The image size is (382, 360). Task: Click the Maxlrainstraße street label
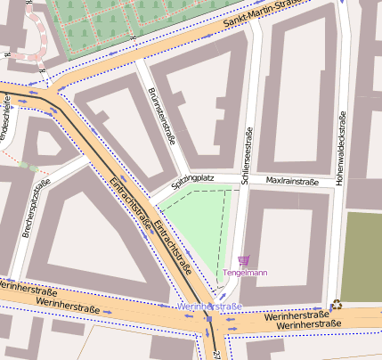point(292,181)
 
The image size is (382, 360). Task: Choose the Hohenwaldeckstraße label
point(339,148)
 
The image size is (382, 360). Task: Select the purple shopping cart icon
point(244,259)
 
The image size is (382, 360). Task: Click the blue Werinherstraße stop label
point(209,307)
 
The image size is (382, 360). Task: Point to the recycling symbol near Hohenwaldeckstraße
point(336,304)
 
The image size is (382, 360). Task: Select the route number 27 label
point(215,354)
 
